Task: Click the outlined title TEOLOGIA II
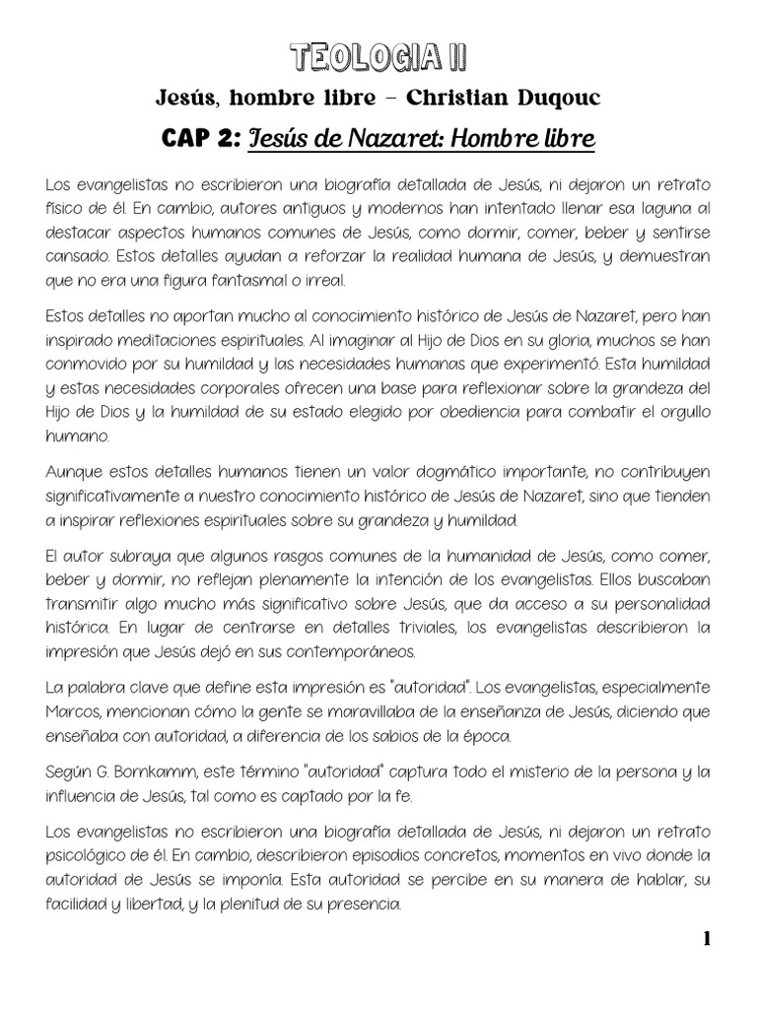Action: pyautogui.click(x=379, y=58)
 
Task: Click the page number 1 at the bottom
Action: pyautogui.click(x=707, y=939)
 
